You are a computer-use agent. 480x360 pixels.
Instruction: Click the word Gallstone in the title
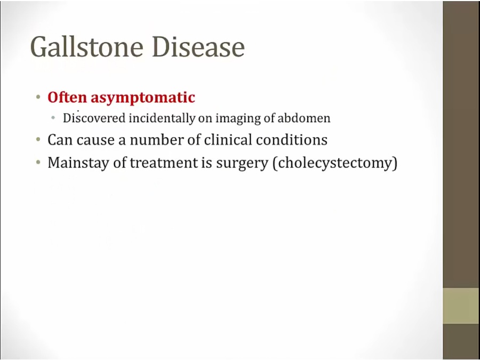tap(87, 47)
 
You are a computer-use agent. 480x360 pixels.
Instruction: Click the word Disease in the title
tap(198, 47)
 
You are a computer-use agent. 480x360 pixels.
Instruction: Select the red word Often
tap(67, 97)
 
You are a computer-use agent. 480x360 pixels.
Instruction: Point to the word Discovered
tap(94, 118)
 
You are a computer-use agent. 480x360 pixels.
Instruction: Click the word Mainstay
tap(78, 163)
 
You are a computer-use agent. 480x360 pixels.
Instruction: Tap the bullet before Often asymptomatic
tap(38, 98)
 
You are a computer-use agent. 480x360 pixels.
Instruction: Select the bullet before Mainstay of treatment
tap(38, 163)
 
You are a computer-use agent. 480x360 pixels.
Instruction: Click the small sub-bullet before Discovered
tap(53, 118)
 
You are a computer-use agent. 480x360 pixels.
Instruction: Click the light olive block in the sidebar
tap(461, 306)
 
